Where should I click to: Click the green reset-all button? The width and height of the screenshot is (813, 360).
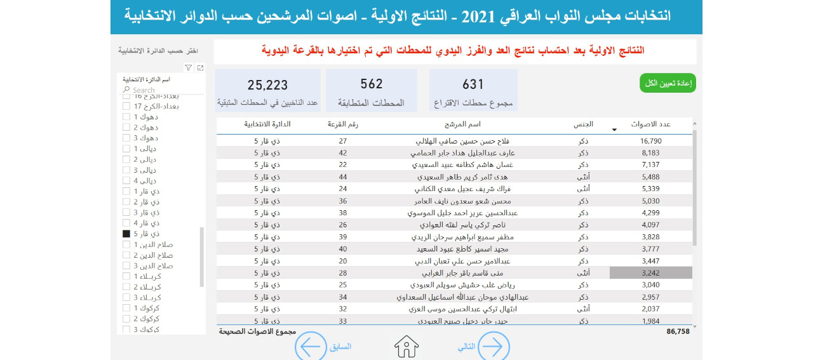668,83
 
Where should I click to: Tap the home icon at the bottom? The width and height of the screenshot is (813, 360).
406,347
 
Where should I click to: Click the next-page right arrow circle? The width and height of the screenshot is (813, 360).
493,347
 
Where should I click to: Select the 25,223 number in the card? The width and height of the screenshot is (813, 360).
267,85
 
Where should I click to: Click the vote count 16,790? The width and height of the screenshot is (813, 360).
652,141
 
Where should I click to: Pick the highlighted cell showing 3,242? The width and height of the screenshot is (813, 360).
651,273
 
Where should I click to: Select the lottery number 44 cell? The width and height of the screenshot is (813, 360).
343,177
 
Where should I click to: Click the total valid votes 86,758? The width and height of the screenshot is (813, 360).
678,331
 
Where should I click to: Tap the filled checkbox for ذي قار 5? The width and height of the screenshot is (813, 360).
126,234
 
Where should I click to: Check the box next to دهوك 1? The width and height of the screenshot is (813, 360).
126,117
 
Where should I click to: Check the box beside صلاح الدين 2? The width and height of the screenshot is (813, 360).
126,255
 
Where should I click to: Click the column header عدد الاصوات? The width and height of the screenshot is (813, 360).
650,124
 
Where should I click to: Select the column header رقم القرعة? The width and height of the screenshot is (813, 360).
343,124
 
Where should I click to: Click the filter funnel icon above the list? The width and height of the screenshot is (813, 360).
189,67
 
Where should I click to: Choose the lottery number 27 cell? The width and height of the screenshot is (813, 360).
343,141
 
